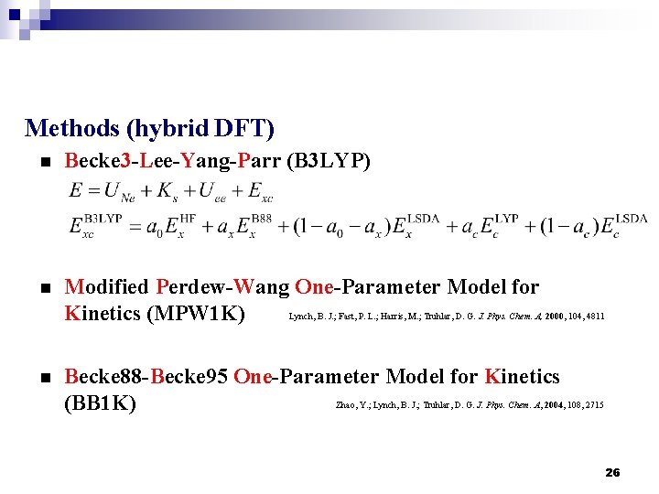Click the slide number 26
[612, 472]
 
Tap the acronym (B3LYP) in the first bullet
[329, 162]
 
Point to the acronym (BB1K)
[100, 403]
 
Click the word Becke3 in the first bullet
[97, 162]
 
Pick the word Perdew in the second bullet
[189, 287]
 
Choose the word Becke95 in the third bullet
[190, 376]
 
